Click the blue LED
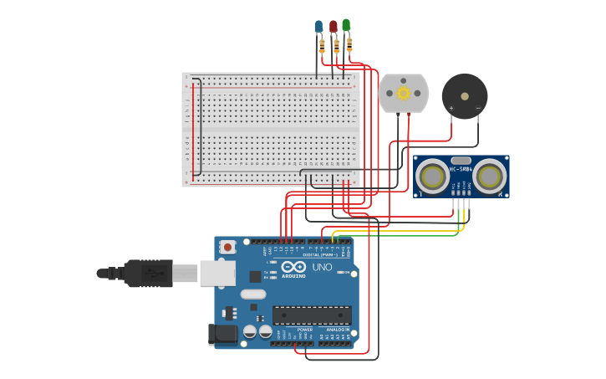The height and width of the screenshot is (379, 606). tap(318, 27)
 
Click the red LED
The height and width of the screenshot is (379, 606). tap(334, 27)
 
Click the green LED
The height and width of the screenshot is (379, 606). tap(346, 25)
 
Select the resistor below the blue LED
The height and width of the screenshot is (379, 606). tap(322, 45)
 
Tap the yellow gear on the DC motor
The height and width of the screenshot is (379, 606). tap(404, 93)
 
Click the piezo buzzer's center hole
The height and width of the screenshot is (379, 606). tap(465, 96)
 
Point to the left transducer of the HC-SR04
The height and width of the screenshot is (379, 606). tap(433, 176)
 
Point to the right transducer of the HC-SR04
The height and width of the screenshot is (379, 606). tap(489, 176)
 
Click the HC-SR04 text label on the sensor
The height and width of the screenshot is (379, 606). tap(461, 169)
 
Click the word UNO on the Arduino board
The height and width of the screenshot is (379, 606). tap(323, 268)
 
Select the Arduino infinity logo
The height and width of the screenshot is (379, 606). tap(293, 267)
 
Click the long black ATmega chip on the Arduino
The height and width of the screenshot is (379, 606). tap(312, 315)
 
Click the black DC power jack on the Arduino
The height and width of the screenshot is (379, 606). tap(222, 334)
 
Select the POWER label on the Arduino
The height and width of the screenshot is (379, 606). tap(305, 330)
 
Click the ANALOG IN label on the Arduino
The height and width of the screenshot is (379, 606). tap(338, 330)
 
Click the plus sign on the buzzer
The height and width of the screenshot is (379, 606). tap(451, 108)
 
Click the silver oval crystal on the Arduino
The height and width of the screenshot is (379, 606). tap(253, 294)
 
